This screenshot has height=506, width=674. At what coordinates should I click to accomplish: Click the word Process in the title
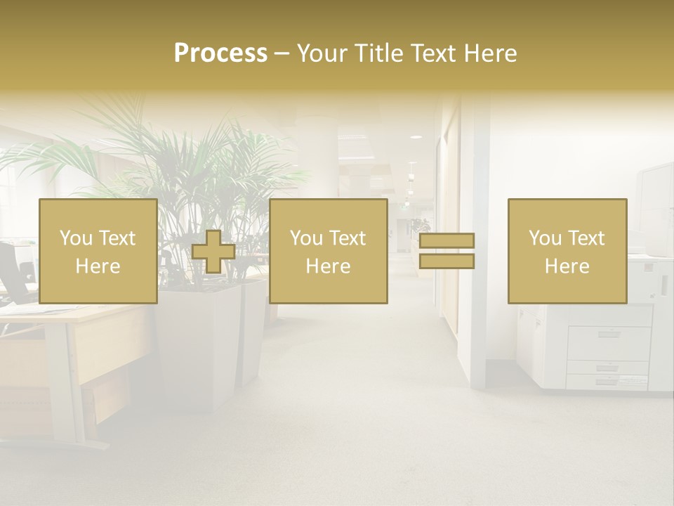coord(220,53)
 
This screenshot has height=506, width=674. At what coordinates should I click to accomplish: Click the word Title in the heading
coord(379,53)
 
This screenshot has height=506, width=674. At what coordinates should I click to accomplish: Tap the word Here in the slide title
coord(489,53)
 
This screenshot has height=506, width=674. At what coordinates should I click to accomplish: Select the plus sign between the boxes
coord(213,252)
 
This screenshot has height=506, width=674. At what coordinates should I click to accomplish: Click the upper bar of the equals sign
coord(447,240)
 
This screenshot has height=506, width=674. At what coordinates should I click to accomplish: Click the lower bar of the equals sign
coord(447,261)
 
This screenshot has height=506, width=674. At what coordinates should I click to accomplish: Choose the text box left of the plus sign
coord(98,251)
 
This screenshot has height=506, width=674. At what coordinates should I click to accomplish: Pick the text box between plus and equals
coord(328,251)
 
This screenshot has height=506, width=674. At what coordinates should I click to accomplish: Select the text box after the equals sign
coord(567,251)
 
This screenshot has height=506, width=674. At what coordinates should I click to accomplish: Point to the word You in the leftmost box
coord(76,238)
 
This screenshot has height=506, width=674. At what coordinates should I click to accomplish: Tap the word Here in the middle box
coord(328,266)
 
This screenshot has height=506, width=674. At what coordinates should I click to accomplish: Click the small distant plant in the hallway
coord(421,226)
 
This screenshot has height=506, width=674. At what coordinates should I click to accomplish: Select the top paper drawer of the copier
coord(608,342)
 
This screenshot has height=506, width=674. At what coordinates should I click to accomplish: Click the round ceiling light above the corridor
coord(416,137)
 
